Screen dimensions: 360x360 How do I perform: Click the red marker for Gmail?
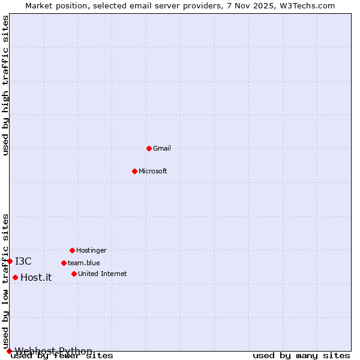click(149, 148)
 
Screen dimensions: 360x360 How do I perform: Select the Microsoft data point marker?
click(134, 171)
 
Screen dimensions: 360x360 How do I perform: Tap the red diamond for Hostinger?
click(72, 250)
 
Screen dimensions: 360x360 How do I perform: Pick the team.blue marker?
click(64, 263)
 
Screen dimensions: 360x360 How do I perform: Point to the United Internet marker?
click(74, 274)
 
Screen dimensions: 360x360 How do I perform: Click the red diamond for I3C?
click(10, 261)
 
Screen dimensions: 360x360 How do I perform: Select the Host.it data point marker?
click(15, 277)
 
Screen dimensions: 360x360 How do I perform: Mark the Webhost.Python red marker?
click(9, 351)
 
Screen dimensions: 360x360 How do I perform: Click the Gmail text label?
click(162, 148)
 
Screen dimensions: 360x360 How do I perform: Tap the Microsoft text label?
click(153, 171)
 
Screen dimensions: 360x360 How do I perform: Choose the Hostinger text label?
click(91, 250)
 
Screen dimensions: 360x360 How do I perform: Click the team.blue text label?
click(84, 263)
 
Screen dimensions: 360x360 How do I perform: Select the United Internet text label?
click(103, 274)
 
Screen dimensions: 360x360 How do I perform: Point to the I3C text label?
click(23, 261)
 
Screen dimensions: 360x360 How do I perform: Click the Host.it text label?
click(36, 277)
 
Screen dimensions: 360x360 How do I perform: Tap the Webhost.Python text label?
click(53, 351)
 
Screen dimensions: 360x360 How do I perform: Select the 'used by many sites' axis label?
click(301, 356)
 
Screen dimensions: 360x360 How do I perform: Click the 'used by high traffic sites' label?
click(5, 85)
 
